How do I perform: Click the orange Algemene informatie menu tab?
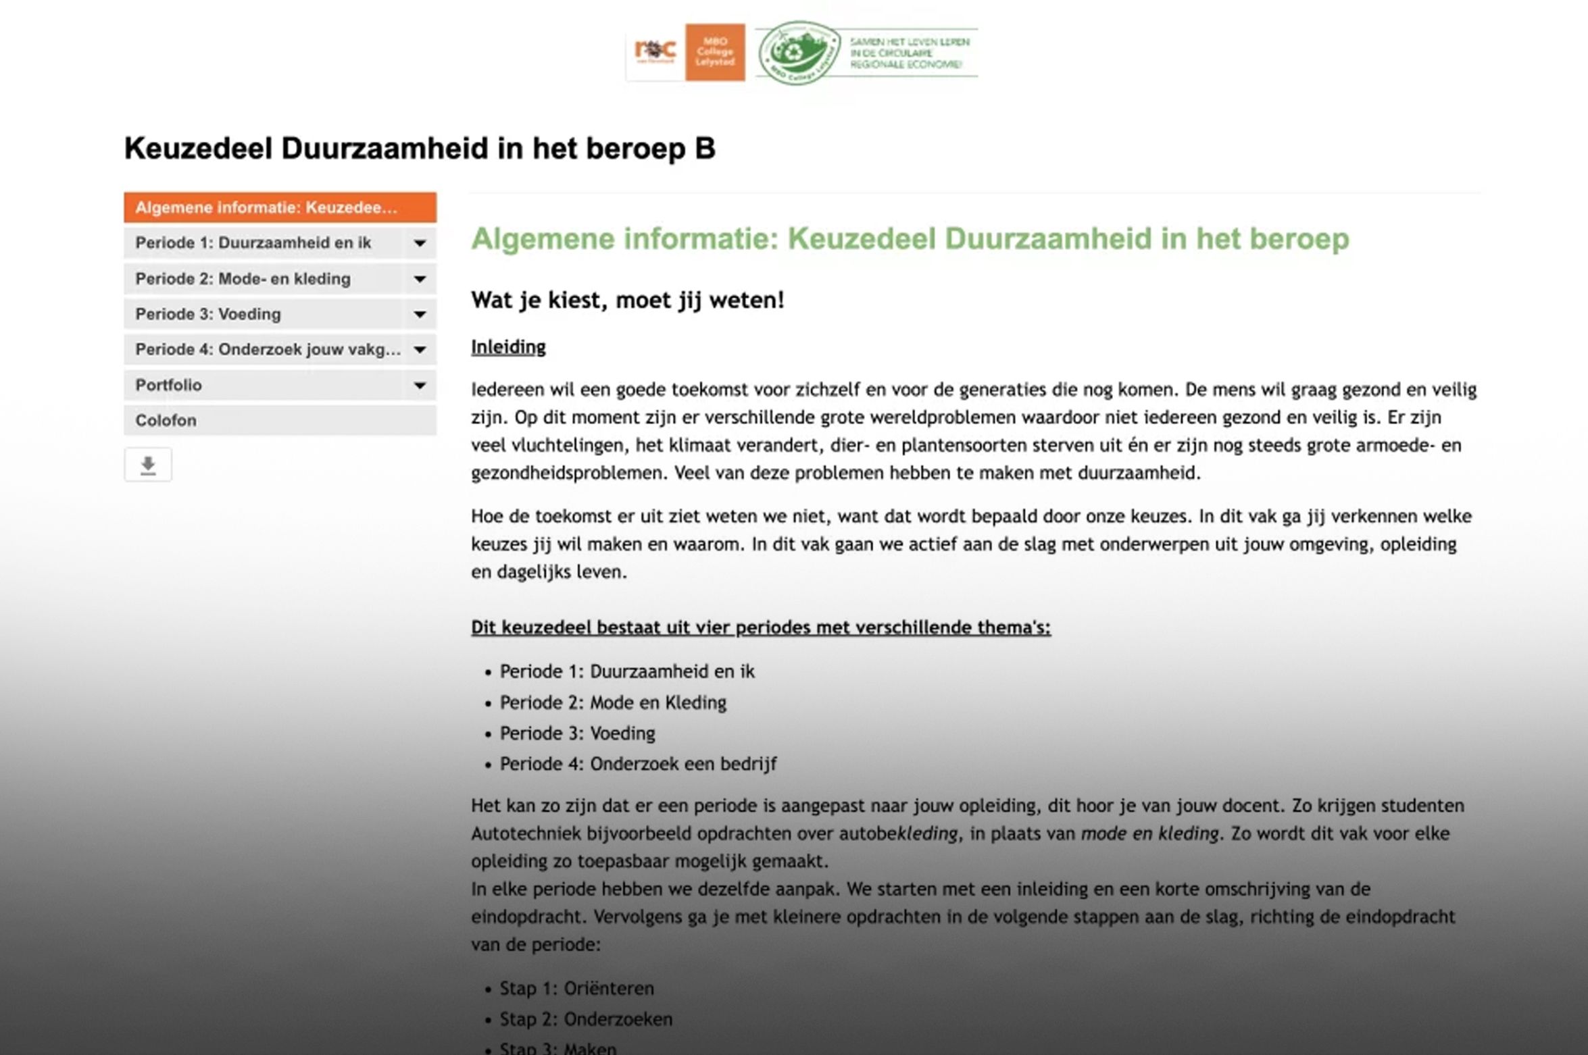coord(279,207)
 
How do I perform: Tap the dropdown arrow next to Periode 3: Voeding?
coord(420,314)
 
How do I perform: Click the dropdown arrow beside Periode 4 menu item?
coord(420,350)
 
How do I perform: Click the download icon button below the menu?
coord(148,465)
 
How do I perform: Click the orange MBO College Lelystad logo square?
coord(715,53)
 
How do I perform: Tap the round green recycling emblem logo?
coord(799,53)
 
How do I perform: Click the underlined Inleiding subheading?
coord(508,347)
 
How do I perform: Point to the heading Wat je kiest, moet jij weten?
coord(627,300)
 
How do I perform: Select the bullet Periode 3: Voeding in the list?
coord(577,734)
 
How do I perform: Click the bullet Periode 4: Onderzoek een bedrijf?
coord(638,764)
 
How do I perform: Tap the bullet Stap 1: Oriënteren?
coord(576,989)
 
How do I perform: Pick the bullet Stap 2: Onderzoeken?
coord(586,1019)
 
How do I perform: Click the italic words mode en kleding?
coord(1150,833)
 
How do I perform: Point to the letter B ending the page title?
coord(705,149)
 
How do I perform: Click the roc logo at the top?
coord(655,51)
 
